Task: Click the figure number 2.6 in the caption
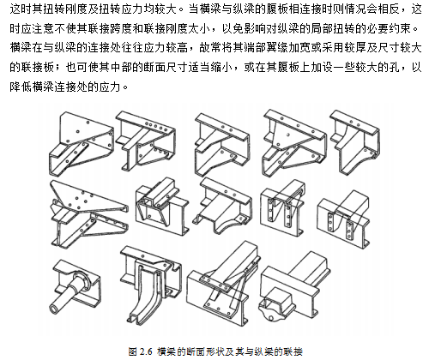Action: point(146,351)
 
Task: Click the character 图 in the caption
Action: point(133,351)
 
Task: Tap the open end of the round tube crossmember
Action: point(54,309)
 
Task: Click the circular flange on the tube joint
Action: point(82,279)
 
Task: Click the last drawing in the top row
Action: point(355,142)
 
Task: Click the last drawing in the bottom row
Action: point(294,285)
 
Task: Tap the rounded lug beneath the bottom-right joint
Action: point(269,311)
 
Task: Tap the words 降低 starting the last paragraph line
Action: point(21,87)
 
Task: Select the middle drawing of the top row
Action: point(222,145)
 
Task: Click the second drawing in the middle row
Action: point(162,207)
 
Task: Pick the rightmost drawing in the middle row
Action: point(343,219)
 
